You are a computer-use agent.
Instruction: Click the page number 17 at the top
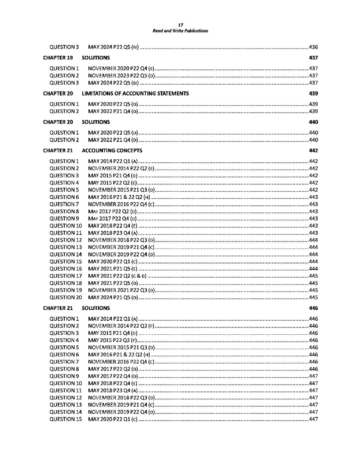tap(180, 25)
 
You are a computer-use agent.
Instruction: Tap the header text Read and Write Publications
tap(180, 31)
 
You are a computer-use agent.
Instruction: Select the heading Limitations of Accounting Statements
tap(135, 94)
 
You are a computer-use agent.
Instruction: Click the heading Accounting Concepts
tap(112, 151)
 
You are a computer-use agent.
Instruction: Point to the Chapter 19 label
tap(58, 58)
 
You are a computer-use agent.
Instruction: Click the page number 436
tap(313, 47)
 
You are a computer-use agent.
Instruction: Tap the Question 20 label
tap(65, 298)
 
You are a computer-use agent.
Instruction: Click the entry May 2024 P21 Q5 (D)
tap(113, 298)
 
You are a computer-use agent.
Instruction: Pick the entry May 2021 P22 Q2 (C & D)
tap(117, 276)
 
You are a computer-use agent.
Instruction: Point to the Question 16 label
tap(65, 269)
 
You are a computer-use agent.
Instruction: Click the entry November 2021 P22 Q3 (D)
tap(121, 290)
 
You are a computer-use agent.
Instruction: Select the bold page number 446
tap(313, 308)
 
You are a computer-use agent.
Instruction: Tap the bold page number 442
tap(313, 151)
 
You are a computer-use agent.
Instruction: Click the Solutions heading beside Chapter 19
tap(96, 58)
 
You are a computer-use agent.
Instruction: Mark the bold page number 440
tap(313, 122)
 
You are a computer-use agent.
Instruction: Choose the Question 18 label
tap(65, 283)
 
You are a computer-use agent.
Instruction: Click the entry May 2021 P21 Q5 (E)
tap(112, 269)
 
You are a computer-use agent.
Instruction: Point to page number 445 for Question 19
tap(313, 290)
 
